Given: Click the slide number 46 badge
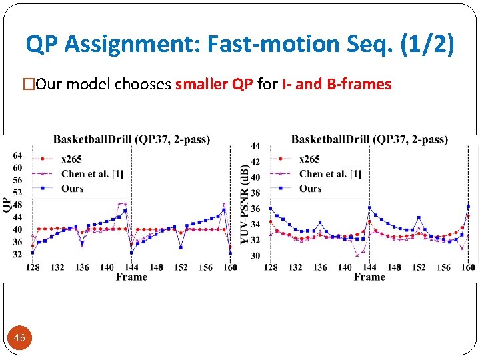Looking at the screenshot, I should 19,338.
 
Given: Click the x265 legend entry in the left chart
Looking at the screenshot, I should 72,159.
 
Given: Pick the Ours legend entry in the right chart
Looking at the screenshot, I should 310,189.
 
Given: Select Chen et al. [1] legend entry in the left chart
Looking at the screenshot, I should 91,174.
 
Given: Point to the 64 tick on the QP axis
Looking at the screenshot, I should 17,155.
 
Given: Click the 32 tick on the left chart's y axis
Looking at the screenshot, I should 17,254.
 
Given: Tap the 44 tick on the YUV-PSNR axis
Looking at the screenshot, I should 255,146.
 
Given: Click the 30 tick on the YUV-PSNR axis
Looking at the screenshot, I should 255,256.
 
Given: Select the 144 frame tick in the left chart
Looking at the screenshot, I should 131,267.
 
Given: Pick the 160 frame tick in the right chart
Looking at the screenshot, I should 468,267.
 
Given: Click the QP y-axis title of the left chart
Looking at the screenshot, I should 6,204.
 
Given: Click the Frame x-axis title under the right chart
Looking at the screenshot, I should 369,277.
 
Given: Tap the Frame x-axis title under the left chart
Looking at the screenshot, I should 131,277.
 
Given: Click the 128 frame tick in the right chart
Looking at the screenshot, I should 271,267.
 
